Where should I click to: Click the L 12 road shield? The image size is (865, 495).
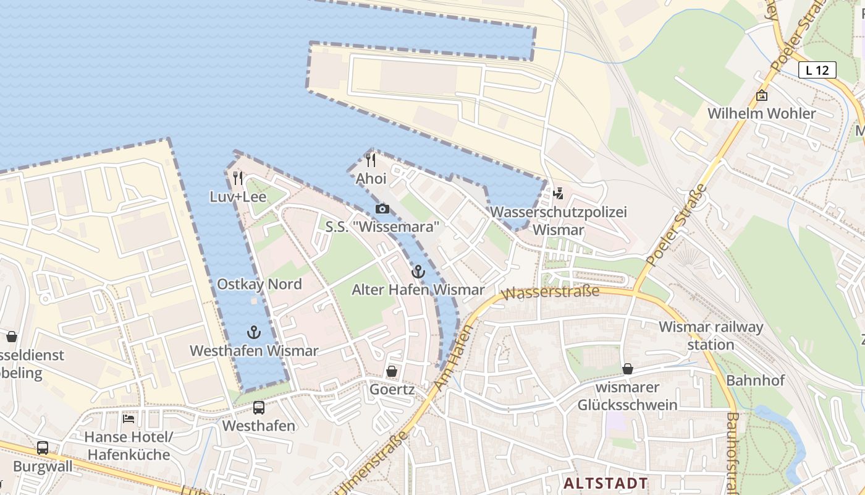coord(817,70)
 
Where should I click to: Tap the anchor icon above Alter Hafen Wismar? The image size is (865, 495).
coord(418,272)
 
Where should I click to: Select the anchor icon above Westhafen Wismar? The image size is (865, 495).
coord(254,332)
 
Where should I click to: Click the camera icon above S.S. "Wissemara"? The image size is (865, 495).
coord(382,209)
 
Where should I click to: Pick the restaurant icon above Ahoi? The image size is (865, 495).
coord(371,160)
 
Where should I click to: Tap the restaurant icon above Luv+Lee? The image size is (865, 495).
coord(238,179)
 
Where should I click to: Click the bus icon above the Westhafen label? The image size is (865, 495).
coord(259,408)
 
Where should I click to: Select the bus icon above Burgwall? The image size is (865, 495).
coord(43,448)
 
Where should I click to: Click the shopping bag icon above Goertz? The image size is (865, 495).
coord(391,371)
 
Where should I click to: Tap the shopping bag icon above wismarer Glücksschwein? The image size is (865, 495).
coord(628,369)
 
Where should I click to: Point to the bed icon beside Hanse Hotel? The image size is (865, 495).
coord(129,418)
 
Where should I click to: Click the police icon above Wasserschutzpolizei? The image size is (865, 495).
coord(559,194)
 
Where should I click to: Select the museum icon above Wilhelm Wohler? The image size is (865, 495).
coord(762,95)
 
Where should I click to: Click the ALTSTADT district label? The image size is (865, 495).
coord(606,483)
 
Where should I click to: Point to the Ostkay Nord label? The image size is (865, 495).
coord(259,285)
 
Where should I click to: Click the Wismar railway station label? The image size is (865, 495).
coord(711,335)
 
